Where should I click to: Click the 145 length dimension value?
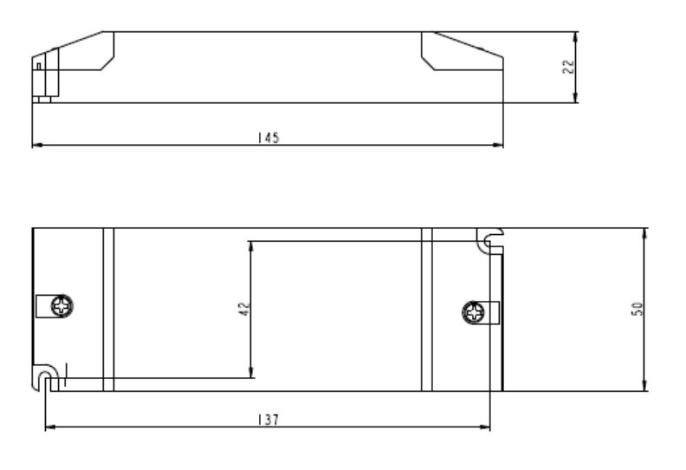pyautogui.click(x=269, y=138)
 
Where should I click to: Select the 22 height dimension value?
pyautogui.click(x=568, y=67)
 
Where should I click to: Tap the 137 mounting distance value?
pyautogui.click(x=268, y=420)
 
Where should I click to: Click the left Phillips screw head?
pyautogui.click(x=61, y=306)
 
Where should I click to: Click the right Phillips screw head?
pyautogui.click(x=473, y=312)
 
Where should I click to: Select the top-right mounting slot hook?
pyautogui.click(x=490, y=240)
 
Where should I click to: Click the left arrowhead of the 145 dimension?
pyautogui.click(x=36, y=145)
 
